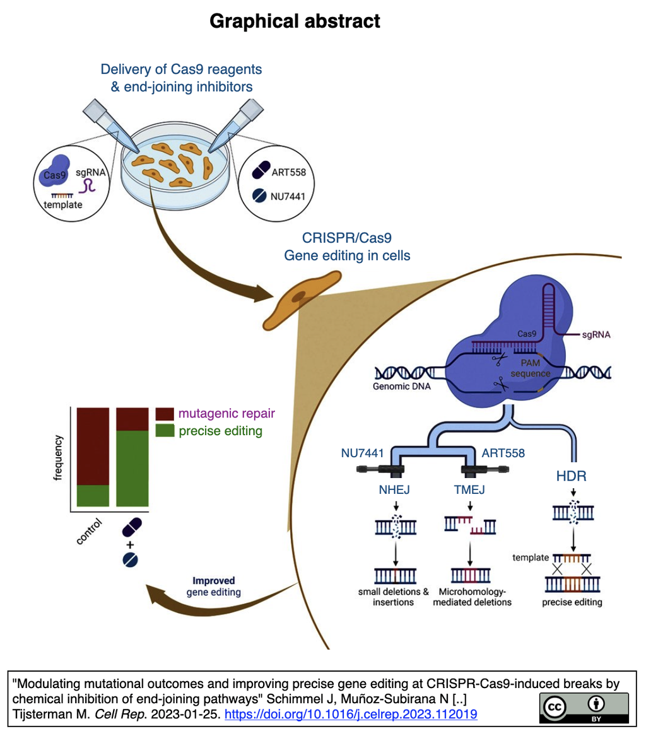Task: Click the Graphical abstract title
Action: (x=295, y=21)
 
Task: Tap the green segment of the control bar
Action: (x=93, y=495)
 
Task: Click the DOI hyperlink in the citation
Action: (x=351, y=713)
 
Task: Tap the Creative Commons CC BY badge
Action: (x=584, y=708)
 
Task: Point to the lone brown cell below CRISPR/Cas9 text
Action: (x=301, y=299)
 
